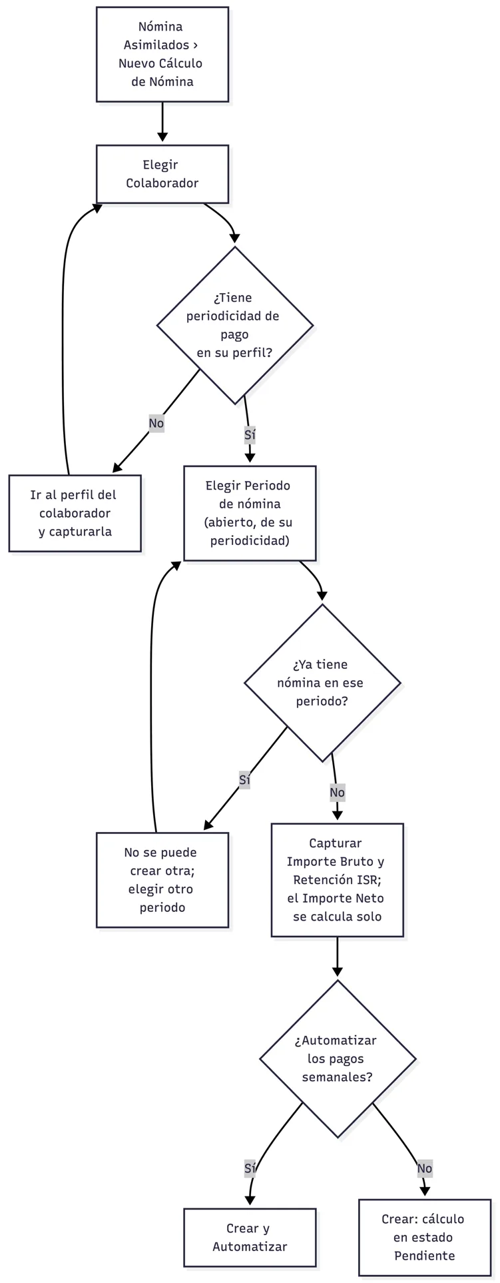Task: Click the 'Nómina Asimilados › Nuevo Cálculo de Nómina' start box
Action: (x=162, y=55)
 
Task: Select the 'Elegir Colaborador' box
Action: (x=162, y=174)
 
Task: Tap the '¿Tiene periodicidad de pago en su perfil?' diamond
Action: (x=235, y=325)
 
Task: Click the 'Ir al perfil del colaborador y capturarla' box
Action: (x=75, y=513)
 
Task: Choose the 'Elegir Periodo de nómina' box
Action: (x=250, y=513)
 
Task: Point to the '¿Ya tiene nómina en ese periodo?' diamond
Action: (x=322, y=683)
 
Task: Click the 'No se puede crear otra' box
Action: (x=162, y=879)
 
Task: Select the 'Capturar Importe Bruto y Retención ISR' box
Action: (x=337, y=879)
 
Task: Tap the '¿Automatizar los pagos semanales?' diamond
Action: (x=338, y=1059)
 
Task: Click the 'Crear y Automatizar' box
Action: (x=250, y=1237)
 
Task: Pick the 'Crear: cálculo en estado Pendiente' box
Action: (x=425, y=1237)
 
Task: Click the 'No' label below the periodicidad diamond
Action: (x=156, y=423)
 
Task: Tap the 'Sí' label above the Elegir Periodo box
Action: (x=250, y=435)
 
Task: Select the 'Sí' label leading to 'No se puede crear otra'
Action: (x=244, y=779)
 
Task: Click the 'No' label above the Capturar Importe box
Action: (x=337, y=792)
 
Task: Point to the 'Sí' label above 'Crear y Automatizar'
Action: (x=250, y=1168)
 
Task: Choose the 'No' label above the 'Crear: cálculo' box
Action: (x=425, y=1168)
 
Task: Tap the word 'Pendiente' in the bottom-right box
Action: (x=425, y=1256)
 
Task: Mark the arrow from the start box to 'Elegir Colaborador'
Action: (x=162, y=122)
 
